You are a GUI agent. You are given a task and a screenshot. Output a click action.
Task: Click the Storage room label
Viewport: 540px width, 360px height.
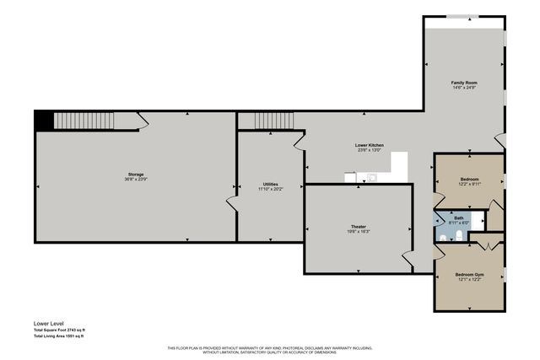click(136, 174)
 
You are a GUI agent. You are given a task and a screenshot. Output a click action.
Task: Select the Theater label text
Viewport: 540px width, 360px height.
click(359, 227)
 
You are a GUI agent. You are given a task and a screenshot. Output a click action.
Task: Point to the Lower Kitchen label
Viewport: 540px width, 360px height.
click(369, 145)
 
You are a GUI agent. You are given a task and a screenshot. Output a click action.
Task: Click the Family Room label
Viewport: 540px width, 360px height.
click(464, 82)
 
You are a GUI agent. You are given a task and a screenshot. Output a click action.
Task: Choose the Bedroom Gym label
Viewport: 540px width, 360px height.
click(469, 275)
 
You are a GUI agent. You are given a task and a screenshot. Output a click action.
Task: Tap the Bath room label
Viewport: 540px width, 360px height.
click(459, 217)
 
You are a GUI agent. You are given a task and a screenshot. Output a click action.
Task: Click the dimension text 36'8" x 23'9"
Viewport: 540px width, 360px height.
click(136, 180)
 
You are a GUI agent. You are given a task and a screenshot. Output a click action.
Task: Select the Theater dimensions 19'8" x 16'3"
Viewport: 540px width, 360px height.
click(359, 232)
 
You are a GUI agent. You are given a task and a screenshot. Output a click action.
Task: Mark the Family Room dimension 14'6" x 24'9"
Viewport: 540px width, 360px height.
click(464, 88)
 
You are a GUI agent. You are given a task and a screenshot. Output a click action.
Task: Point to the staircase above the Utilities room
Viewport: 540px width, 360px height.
click(268, 121)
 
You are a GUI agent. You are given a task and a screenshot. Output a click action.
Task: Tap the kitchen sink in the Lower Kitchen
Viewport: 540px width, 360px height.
click(371, 176)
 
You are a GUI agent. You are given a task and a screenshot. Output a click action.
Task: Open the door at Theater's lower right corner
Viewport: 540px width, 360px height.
click(408, 262)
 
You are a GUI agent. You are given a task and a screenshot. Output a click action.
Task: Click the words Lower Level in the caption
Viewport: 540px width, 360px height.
click(49, 323)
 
